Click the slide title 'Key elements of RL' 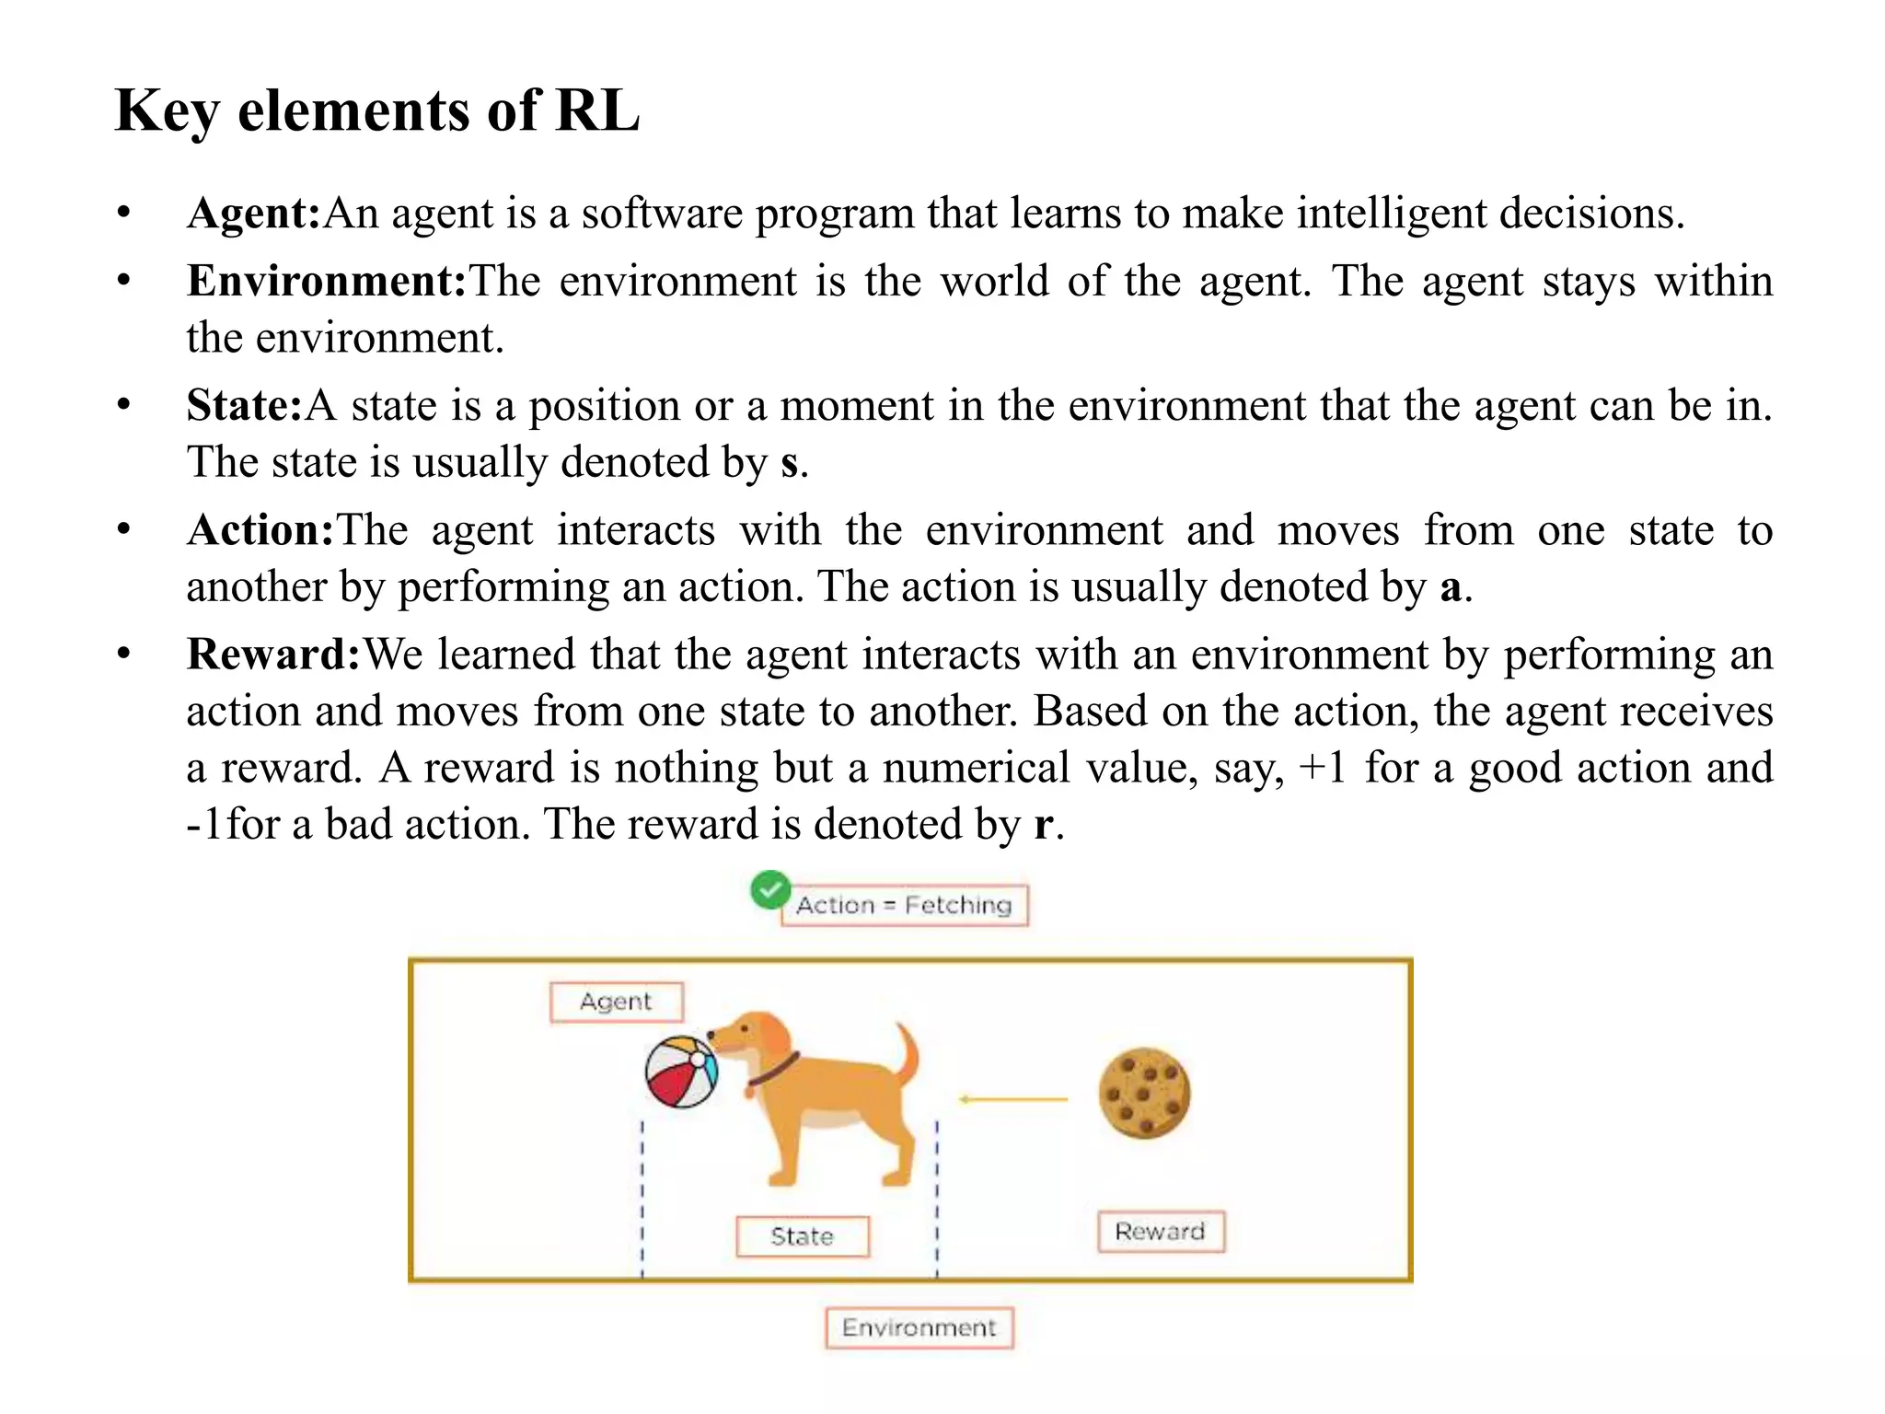coord(376,111)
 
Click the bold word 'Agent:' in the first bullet coord(253,214)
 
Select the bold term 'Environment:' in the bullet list coord(327,282)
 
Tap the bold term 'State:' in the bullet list coord(244,406)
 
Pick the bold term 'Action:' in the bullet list coord(260,531)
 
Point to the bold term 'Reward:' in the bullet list coord(273,655)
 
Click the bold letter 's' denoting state coord(789,463)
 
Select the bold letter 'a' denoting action coord(1451,588)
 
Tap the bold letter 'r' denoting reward coord(1042,825)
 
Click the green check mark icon coord(769,889)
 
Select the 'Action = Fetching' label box coord(904,906)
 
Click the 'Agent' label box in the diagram coord(616,1002)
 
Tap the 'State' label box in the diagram coord(802,1236)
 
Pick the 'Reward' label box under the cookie coord(1160,1232)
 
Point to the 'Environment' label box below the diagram coord(919,1327)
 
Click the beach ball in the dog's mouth coord(681,1072)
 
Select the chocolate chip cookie coord(1144,1093)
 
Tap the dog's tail coord(907,1054)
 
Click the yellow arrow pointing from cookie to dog coord(1012,1099)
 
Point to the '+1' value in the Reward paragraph coord(1322,769)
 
